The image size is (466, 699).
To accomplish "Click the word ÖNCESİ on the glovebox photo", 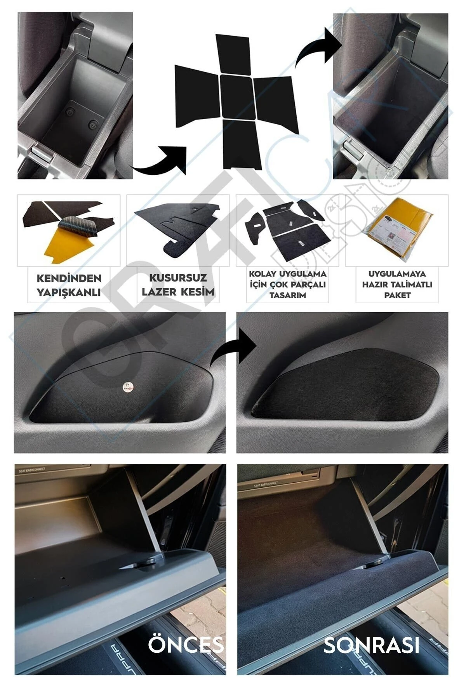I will [186, 645].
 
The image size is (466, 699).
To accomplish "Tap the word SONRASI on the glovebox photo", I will [371, 645].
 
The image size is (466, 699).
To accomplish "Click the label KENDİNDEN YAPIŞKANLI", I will [69, 285].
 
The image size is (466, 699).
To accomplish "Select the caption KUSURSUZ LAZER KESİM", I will [178, 285].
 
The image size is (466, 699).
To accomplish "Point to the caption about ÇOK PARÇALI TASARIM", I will [287, 285].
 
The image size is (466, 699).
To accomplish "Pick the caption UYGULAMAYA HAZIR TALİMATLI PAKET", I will [397, 285].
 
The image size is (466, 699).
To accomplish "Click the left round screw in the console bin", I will [70, 113].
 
